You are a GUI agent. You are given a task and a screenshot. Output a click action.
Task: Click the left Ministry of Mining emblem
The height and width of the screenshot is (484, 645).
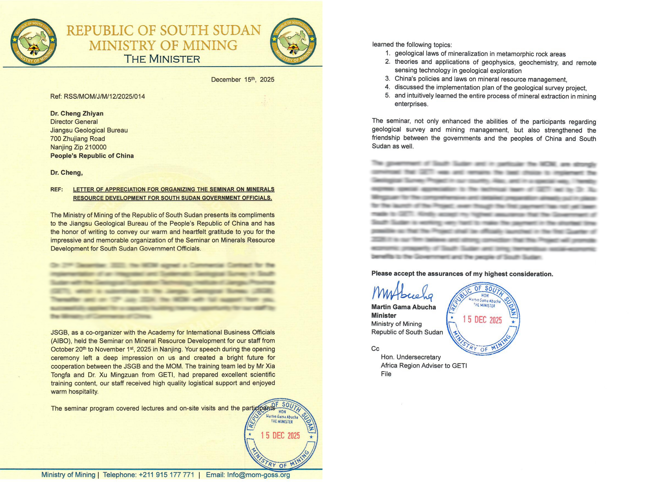click(x=34, y=42)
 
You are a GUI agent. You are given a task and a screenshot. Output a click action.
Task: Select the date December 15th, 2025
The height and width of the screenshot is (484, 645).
click(x=243, y=80)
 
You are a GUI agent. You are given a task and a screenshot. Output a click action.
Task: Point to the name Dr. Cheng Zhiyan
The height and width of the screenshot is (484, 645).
click(x=77, y=114)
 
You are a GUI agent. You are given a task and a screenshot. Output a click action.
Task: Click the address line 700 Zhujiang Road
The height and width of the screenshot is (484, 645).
click(x=78, y=139)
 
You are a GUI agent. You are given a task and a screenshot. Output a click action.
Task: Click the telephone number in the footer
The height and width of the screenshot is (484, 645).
click(x=166, y=475)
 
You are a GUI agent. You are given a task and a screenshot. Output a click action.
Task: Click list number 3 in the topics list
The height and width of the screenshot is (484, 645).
click(x=388, y=78)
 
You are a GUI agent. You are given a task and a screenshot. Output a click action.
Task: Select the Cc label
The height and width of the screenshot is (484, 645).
click(x=375, y=349)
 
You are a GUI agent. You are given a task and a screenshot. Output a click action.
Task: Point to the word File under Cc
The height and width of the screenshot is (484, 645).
click(x=386, y=374)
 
